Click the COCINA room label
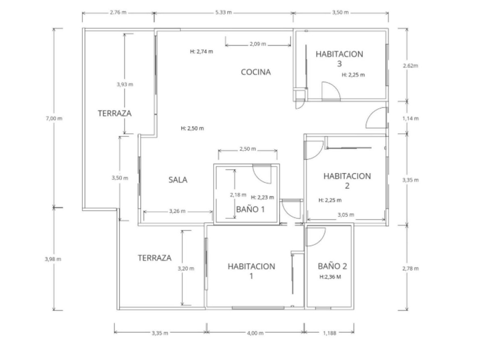pyautogui.click(x=256, y=72)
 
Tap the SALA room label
pyautogui.click(x=178, y=180)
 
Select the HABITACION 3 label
pyautogui.click(x=339, y=58)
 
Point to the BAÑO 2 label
pyautogui.click(x=332, y=266)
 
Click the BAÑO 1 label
pyautogui.click(x=250, y=209)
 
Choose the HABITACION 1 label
pyautogui.click(x=251, y=271)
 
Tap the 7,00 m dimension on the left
pyautogui.click(x=54, y=119)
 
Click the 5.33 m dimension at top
pyautogui.click(x=223, y=12)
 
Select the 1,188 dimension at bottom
pyautogui.click(x=329, y=333)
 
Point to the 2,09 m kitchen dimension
pyautogui.click(x=258, y=44)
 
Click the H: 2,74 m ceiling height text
pyautogui.click(x=201, y=52)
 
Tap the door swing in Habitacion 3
pyautogui.click(x=330, y=92)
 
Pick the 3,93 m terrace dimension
pyautogui.click(x=125, y=85)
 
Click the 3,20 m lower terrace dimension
pyautogui.click(x=186, y=268)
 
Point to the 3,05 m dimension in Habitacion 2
pyautogui.click(x=346, y=214)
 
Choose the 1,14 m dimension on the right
pyautogui.click(x=411, y=119)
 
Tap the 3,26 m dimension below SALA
pyautogui.click(x=177, y=211)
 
